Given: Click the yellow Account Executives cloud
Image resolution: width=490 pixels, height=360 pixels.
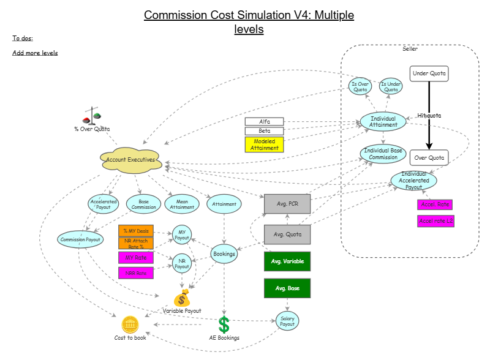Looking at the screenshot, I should tap(131, 159).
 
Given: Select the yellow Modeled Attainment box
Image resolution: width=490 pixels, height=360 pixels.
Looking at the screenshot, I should tap(265, 144).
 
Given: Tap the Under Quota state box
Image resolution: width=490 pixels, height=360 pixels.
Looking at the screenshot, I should tap(429, 74).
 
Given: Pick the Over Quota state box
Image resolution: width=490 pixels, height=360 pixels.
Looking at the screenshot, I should tap(429, 157).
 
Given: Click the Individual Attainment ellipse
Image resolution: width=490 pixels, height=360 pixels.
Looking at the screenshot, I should tap(383, 121).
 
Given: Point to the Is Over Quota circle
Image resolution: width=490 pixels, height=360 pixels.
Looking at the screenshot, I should tap(360, 86).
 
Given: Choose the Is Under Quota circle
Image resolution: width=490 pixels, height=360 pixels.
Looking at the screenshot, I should tap(391, 86).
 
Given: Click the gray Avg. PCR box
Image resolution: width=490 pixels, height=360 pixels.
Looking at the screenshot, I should tap(287, 204).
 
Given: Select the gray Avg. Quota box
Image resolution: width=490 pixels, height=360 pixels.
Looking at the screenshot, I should tap(287, 234).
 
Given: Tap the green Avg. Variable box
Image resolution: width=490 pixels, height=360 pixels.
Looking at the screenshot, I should tap(287, 261).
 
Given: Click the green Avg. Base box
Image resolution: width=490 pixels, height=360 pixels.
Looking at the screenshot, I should tap(287, 288).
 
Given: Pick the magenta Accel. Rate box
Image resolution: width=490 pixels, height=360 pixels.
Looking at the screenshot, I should tap(435, 204).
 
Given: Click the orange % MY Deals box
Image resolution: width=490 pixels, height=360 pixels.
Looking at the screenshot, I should tap(135, 231).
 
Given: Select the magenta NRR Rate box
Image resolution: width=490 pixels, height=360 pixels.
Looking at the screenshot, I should tap(135, 273).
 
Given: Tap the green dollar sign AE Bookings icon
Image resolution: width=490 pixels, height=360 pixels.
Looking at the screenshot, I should tap(224, 324).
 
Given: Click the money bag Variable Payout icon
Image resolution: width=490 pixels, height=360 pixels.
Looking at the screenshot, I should tap(183, 298).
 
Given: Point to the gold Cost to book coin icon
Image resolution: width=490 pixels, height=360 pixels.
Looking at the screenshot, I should tap(130, 324).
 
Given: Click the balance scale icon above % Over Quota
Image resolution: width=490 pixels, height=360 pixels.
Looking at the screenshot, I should tap(92, 118).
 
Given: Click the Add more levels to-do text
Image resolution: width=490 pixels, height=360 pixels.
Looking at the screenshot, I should tap(35, 53).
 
